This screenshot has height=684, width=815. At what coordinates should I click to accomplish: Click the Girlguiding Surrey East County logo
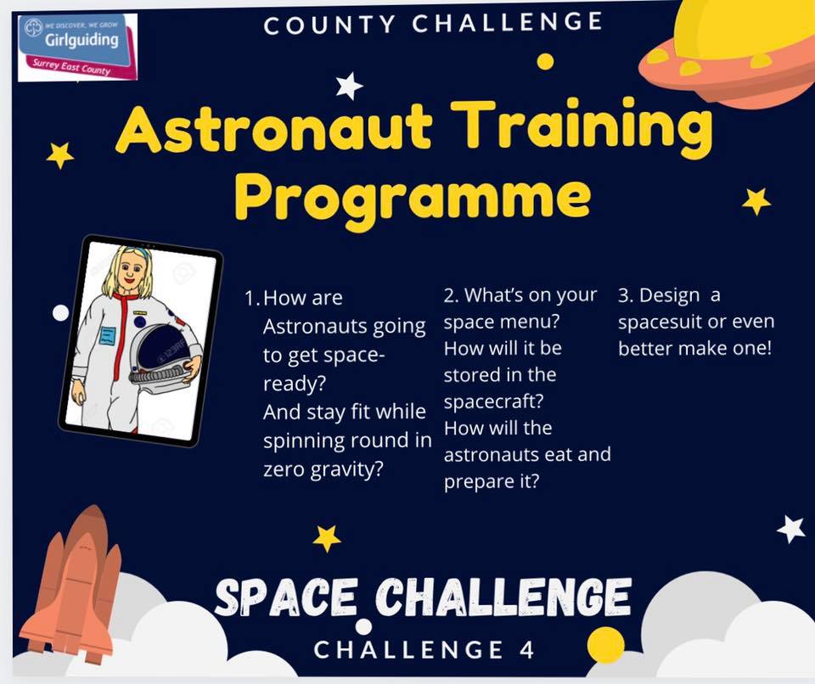point(77,48)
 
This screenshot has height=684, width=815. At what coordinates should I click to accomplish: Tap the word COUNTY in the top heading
point(329,25)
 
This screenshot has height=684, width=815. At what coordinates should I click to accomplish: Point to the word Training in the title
point(582,127)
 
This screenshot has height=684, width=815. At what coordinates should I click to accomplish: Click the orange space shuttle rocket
point(73,583)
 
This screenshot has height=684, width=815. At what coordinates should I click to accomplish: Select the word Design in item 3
point(670,295)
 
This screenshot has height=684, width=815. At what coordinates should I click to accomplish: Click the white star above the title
point(349,86)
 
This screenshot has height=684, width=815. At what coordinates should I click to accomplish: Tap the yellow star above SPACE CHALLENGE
point(327,538)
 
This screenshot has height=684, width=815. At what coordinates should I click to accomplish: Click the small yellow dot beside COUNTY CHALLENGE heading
point(545,61)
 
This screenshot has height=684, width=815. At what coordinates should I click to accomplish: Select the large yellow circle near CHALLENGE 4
point(605,645)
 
